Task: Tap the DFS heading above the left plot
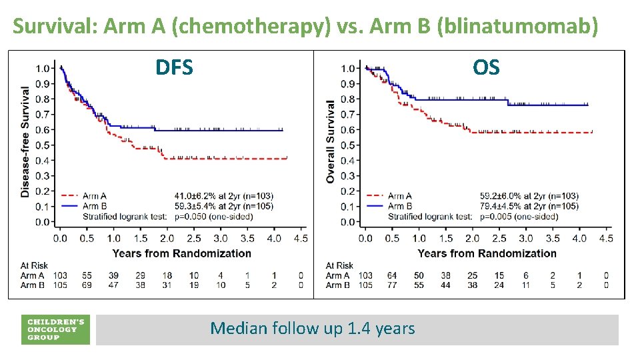click(x=174, y=67)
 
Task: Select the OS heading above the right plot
click(x=486, y=67)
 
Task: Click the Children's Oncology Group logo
click(x=55, y=329)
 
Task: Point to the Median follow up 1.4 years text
click(x=312, y=328)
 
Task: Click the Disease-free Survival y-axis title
click(x=25, y=141)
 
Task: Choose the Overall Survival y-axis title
click(x=331, y=141)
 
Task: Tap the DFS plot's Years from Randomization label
click(x=182, y=253)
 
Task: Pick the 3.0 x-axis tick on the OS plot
click(x=525, y=238)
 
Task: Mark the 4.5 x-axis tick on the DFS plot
click(x=301, y=238)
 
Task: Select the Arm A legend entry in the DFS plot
click(x=93, y=196)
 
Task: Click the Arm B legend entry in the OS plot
click(x=399, y=206)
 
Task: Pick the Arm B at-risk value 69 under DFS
click(x=87, y=285)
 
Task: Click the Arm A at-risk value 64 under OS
click(x=392, y=275)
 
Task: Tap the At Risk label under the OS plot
click(x=340, y=265)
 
